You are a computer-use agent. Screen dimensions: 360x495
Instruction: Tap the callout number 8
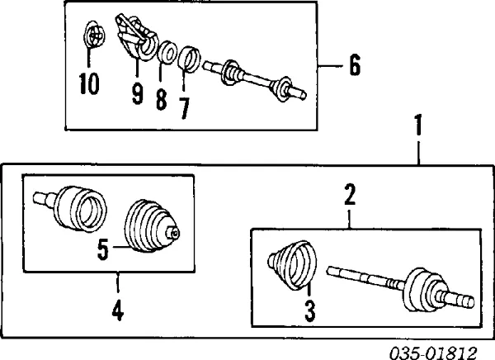pyautogui.click(x=161, y=99)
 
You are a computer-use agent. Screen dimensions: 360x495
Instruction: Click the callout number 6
pyautogui.click(x=354, y=65)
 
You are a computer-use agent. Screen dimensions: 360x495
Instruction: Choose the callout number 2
pyautogui.click(x=350, y=196)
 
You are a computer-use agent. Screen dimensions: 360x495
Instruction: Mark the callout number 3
pyautogui.click(x=309, y=311)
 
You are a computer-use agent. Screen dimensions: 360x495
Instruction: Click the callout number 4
pyautogui.click(x=118, y=311)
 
